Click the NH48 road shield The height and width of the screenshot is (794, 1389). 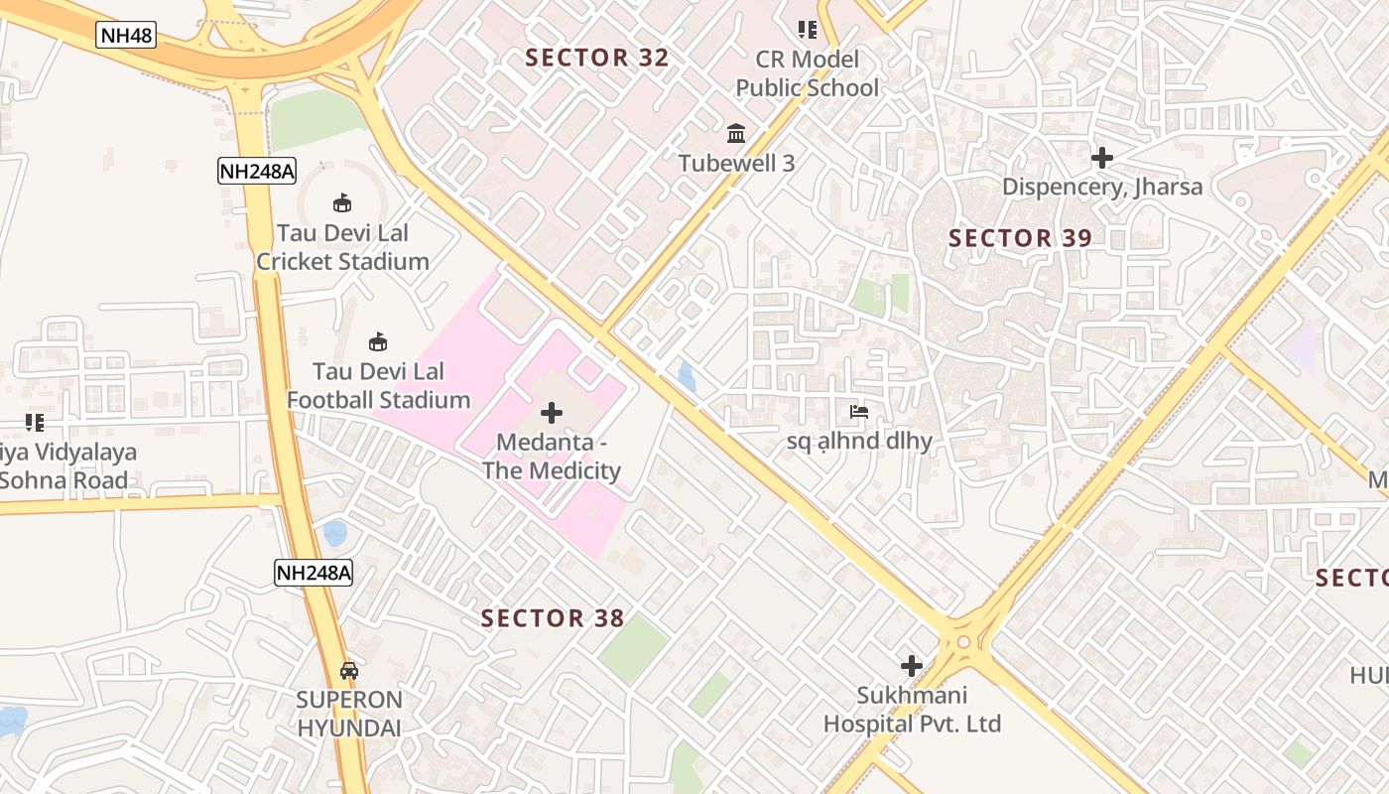[x=126, y=35]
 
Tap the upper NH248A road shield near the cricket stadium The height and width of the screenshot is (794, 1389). [x=257, y=171]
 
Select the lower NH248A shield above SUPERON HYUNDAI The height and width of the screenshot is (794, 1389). [x=314, y=572]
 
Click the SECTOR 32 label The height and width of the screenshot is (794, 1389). [x=597, y=58]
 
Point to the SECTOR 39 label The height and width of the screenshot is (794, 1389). [x=1020, y=238]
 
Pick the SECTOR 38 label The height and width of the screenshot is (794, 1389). [x=553, y=618]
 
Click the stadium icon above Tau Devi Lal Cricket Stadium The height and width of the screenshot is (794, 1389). [x=342, y=203]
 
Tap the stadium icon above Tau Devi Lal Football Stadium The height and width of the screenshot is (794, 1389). [x=378, y=341]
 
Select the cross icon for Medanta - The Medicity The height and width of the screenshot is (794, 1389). [x=552, y=413]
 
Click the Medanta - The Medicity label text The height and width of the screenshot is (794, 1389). [x=552, y=457]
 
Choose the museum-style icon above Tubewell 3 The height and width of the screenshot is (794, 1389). [x=736, y=133]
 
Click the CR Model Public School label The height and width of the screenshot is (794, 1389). [x=807, y=73]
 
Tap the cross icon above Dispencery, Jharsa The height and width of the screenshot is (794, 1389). [x=1101, y=158]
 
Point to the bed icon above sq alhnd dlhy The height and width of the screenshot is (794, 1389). [x=859, y=411]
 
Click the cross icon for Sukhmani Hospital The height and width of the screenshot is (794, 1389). [x=911, y=666]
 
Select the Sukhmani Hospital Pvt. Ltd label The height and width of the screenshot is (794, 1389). [x=912, y=710]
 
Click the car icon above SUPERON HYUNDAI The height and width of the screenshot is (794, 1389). [x=349, y=670]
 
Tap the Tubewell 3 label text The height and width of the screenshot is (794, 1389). [x=736, y=163]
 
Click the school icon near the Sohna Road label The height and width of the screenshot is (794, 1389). [x=35, y=423]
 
